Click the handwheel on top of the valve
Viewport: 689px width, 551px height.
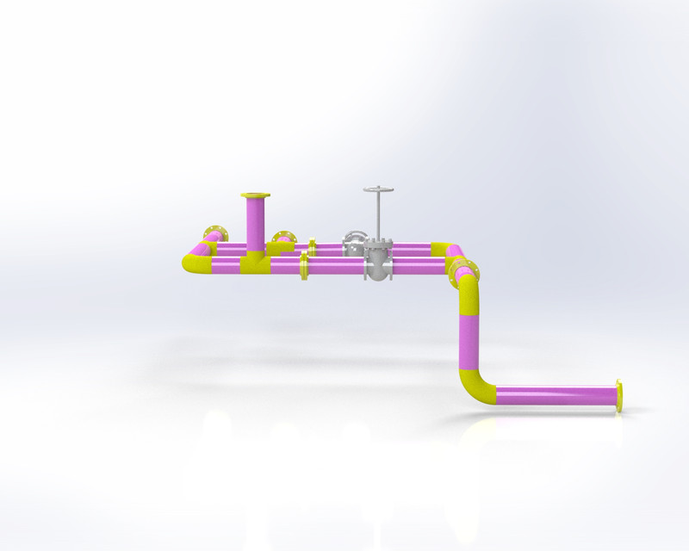tap(378, 189)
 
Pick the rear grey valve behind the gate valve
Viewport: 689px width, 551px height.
tap(355, 244)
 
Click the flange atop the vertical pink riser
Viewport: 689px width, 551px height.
tap(255, 195)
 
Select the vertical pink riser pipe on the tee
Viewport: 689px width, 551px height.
tap(255, 224)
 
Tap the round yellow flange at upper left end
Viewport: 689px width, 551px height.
tap(214, 233)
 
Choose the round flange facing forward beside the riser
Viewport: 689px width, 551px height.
tap(282, 238)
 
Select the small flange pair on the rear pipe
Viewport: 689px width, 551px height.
tap(312, 248)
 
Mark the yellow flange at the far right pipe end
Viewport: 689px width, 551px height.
tap(619, 395)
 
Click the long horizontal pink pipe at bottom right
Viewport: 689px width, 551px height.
tap(556, 395)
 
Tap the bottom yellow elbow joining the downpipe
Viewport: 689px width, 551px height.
tap(475, 387)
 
